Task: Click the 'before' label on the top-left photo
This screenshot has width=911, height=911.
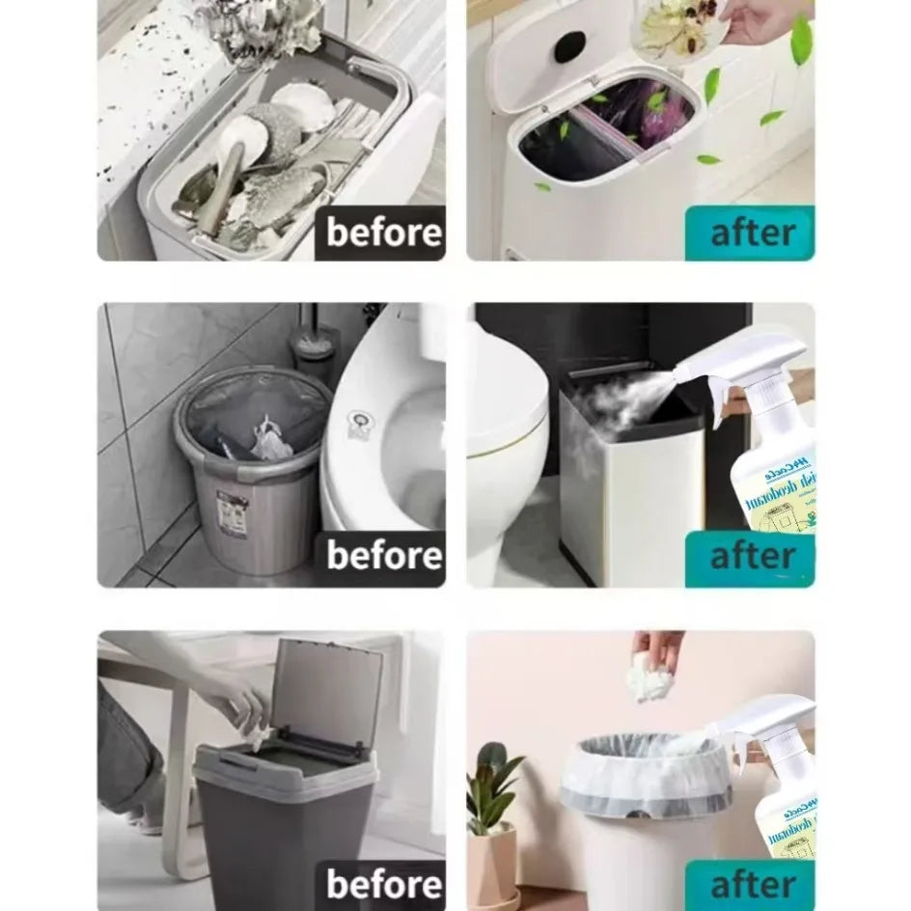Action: [x=383, y=233]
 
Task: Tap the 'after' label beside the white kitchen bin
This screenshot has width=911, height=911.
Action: [x=752, y=233]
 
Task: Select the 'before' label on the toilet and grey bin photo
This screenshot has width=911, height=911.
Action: [x=383, y=556]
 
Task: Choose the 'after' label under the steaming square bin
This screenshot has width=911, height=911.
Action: [x=752, y=557]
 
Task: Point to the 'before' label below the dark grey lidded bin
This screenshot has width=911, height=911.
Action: [x=383, y=883]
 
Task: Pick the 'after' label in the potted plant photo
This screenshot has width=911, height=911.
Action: [x=752, y=884]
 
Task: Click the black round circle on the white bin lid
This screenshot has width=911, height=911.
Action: [x=569, y=45]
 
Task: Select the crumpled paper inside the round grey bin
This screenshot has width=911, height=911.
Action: [x=269, y=441]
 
